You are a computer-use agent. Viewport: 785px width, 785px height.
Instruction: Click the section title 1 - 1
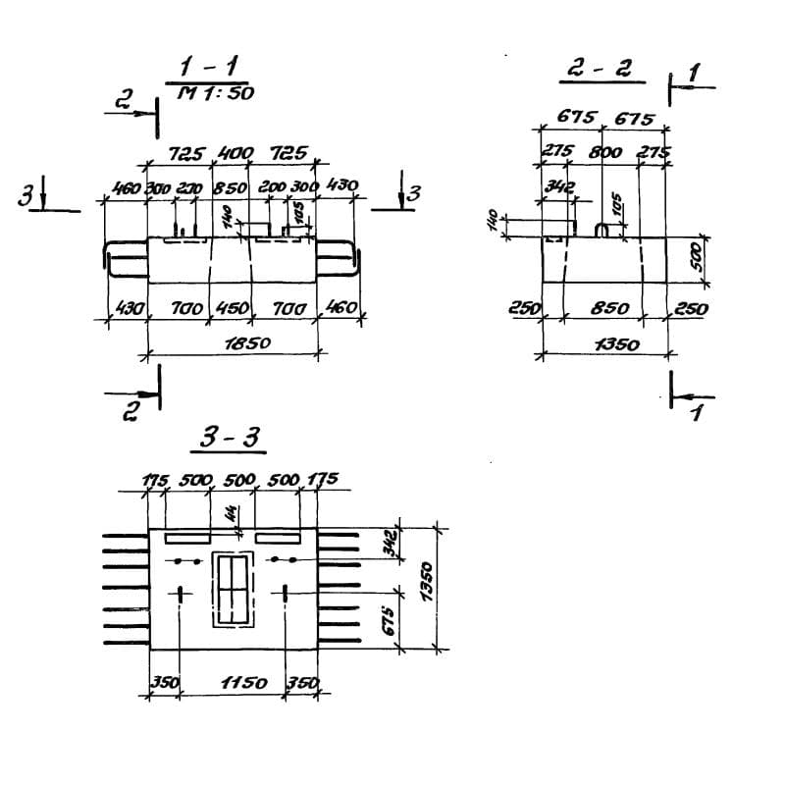tap(207, 69)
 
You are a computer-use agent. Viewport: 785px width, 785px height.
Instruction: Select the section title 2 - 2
tap(601, 69)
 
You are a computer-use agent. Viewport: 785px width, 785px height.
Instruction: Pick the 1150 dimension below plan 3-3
tap(233, 682)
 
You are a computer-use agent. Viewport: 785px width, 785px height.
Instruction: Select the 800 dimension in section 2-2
tap(604, 152)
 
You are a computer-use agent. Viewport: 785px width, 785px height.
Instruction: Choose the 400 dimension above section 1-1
tap(235, 154)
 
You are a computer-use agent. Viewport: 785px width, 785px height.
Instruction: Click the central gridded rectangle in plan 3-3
tap(233, 588)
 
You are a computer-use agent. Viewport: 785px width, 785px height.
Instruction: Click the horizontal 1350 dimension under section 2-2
tap(616, 344)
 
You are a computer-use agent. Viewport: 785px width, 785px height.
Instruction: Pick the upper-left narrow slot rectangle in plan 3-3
tap(186, 539)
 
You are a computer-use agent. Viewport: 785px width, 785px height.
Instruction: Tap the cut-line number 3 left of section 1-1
tap(23, 197)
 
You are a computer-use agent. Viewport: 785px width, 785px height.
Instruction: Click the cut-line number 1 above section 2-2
tap(695, 74)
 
